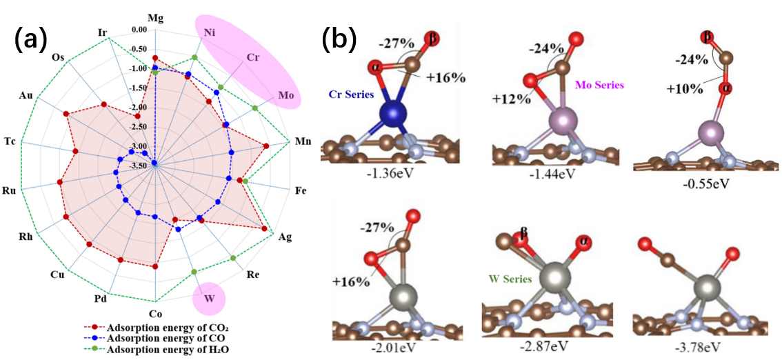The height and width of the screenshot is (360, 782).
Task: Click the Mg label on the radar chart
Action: point(156,19)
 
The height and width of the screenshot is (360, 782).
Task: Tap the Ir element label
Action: point(103,33)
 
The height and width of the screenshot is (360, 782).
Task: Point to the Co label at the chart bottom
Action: point(154,313)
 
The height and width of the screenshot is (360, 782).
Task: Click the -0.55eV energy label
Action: point(705,183)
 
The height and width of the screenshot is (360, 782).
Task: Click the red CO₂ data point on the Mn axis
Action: point(265,146)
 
